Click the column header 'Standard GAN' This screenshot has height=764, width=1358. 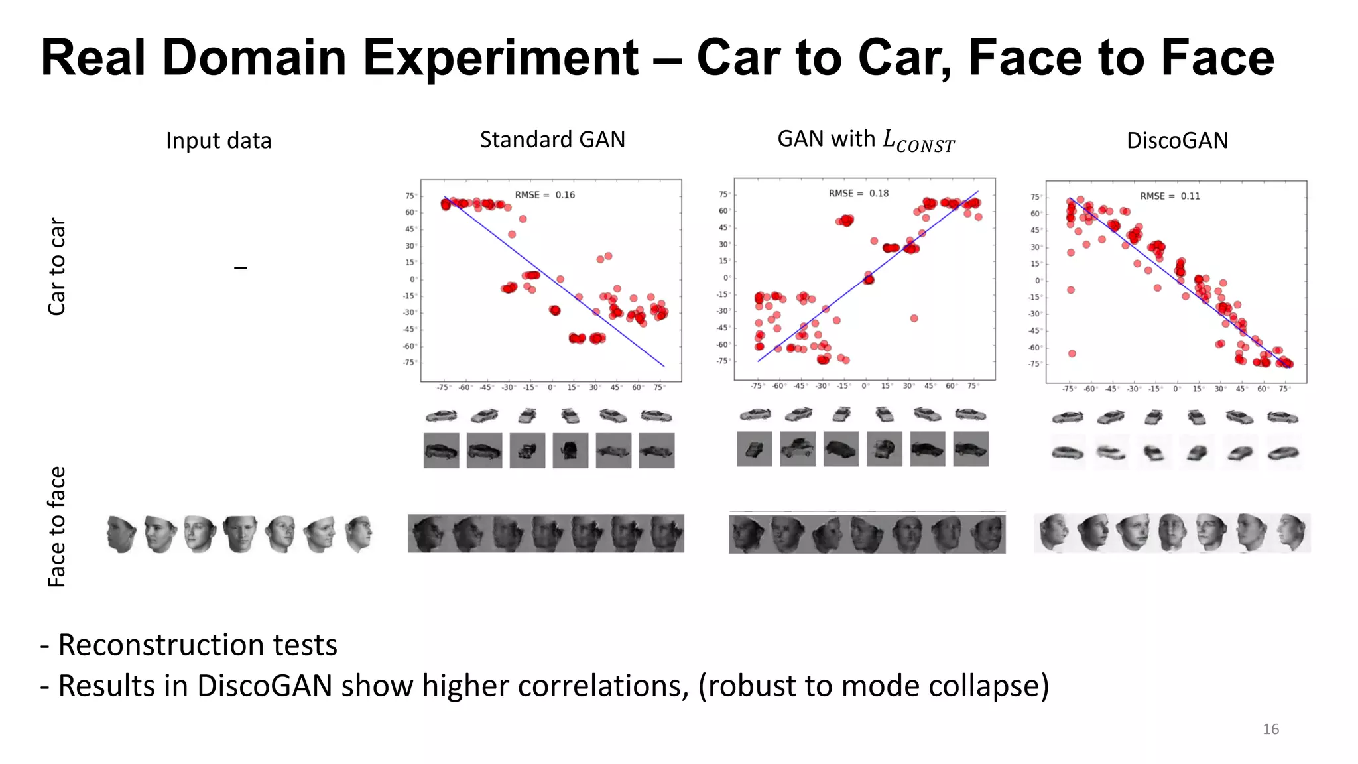[x=552, y=140]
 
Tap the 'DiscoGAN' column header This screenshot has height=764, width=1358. [x=1177, y=141]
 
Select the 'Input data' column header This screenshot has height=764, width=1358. [x=218, y=141]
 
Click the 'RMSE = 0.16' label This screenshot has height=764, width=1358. [x=544, y=195]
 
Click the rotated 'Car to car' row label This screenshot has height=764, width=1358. [x=57, y=266]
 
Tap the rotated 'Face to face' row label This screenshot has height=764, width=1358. [x=57, y=527]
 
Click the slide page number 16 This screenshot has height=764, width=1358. [x=1270, y=729]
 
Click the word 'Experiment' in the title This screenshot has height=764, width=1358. [x=501, y=58]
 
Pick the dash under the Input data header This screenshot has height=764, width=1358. [x=241, y=267]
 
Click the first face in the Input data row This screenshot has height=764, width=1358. [x=121, y=534]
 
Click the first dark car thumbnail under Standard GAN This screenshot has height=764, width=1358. [x=441, y=451]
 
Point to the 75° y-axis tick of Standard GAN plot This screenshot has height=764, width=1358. [x=410, y=196]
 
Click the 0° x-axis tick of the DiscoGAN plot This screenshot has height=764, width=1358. [x=1176, y=389]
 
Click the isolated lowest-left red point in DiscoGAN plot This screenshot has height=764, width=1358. [x=1072, y=353]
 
